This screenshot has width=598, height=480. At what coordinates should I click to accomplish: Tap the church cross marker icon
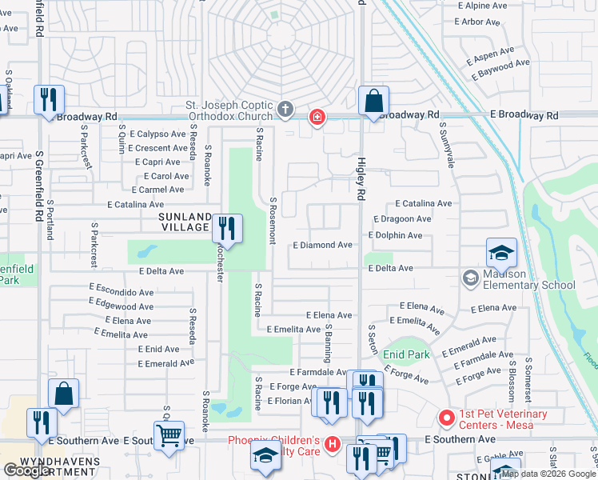[286, 109]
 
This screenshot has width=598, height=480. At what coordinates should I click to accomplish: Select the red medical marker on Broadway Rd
[317, 118]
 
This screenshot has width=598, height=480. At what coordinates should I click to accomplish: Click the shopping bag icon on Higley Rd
[373, 102]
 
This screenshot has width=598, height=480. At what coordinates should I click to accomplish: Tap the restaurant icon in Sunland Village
[228, 228]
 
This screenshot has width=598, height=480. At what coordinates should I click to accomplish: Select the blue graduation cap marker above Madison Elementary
[501, 254]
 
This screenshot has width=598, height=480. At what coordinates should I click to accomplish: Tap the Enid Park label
[407, 354]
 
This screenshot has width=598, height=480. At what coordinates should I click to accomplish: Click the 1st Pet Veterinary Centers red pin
[447, 418]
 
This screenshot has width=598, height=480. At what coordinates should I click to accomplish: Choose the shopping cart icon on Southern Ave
[169, 437]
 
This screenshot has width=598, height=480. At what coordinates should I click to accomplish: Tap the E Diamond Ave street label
[322, 245]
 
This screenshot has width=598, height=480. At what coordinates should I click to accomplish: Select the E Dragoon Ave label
[402, 218]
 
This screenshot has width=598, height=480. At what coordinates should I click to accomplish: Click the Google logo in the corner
[27, 470]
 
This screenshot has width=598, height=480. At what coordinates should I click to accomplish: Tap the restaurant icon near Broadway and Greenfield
[49, 100]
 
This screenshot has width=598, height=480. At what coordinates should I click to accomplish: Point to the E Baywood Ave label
[500, 70]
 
